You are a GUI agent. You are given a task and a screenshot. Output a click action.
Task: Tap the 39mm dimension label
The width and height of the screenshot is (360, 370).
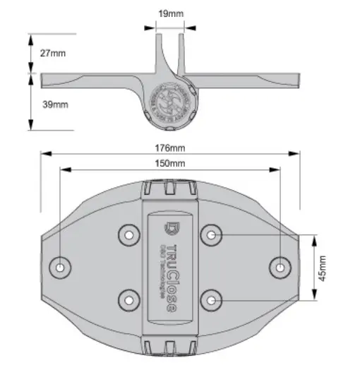[x=54, y=105]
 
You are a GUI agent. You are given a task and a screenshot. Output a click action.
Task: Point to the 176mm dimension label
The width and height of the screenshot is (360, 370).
[x=171, y=148]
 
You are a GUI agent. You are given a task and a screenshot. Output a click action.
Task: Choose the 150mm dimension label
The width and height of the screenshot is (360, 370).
[x=171, y=164]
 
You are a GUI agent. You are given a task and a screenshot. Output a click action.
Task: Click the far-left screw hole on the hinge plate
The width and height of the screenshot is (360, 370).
[x=61, y=267]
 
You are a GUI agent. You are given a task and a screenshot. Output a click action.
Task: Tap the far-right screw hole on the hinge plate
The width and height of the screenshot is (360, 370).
[x=280, y=267]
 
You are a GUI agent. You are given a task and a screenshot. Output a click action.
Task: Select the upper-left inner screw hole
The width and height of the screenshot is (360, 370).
[x=129, y=234]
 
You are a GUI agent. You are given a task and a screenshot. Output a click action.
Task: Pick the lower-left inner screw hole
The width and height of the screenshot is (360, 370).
[x=129, y=300]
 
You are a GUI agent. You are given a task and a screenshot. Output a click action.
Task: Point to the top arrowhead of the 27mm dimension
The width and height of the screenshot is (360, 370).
[x=30, y=37]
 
